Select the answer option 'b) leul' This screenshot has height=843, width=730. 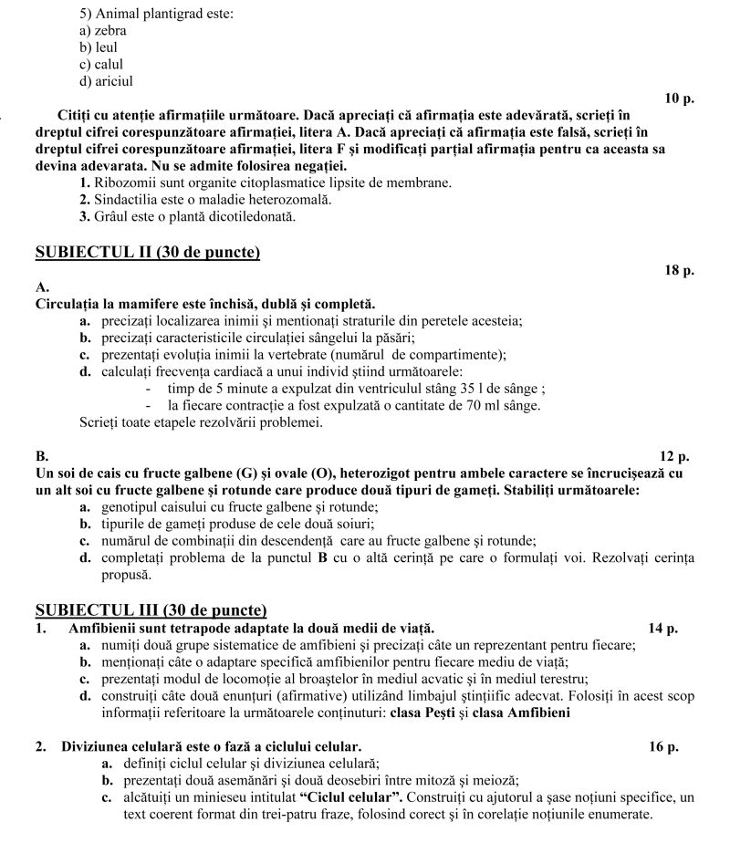(x=99, y=47)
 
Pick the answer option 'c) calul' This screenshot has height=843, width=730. (x=101, y=65)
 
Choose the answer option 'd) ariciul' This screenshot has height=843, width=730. (x=107, y=81)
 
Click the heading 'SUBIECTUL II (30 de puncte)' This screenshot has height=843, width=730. (x=147, y=253)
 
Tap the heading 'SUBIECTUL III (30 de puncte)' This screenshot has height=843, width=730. (x=151, y=610)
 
